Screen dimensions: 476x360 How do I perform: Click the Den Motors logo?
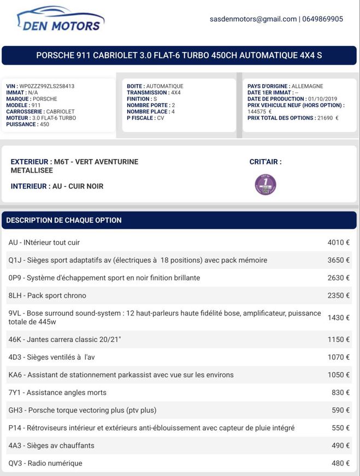pos(61,19)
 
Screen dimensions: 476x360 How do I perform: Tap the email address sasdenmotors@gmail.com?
pos(253,19)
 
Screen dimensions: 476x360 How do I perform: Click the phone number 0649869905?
pos(322,19)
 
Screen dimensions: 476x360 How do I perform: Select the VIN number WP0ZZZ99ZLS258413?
pos(47,86)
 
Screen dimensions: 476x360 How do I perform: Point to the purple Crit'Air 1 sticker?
pos(265,184)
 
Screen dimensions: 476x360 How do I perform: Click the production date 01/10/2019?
pos(323,99)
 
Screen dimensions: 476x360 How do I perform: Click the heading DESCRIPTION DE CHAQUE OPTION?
pos(64,220)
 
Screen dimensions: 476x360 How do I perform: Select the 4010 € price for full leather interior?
pos(338,243)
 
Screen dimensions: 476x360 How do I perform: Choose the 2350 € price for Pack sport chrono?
pos(338,296)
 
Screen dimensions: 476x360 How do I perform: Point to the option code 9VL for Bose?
pos(15,313)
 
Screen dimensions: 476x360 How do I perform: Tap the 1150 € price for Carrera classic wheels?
pos(338,340)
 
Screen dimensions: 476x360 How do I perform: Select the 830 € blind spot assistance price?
pos(340,392)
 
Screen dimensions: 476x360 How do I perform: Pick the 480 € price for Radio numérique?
pos(340,463)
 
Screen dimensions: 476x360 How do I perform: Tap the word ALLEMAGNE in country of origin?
pos(308,86)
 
